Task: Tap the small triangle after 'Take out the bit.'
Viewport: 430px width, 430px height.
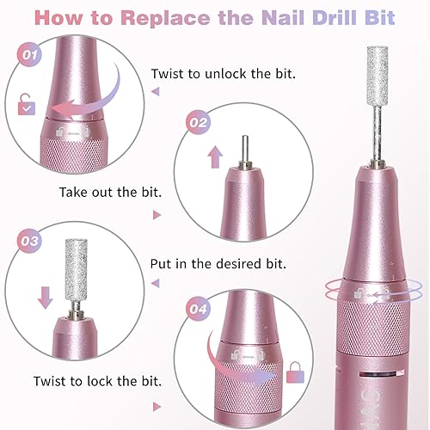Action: (157, 216)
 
